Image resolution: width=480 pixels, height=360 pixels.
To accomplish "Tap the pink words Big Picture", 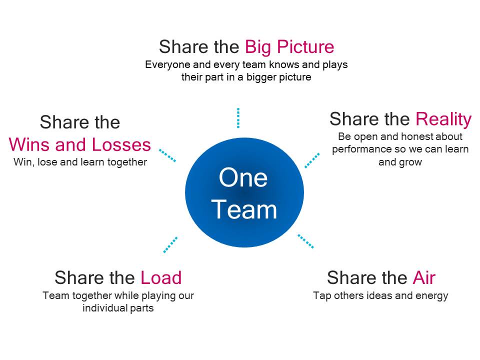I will (x=289, y=47).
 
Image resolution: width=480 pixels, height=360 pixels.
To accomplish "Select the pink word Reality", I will (x=443, y=119).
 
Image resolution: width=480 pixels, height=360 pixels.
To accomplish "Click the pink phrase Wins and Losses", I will (x=79, y=144).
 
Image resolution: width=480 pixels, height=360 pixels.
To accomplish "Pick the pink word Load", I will (x=160, y=277).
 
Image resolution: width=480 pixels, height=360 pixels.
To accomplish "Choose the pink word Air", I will (x=423, y=277).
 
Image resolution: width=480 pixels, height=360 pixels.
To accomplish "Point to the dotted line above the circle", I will (x=238, y=118).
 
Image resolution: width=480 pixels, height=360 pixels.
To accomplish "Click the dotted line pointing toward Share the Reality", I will (x=312, y=160).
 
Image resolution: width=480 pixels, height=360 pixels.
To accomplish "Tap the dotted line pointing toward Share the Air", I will (x=305, y=241).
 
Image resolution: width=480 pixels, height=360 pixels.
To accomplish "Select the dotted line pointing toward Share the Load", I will (x=170, y=244).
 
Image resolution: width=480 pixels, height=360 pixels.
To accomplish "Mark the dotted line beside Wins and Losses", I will (x=167, y=155).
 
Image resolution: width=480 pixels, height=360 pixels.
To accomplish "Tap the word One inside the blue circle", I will (x=243, y=178).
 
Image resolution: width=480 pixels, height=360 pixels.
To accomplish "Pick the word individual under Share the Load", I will (x=104, y=308).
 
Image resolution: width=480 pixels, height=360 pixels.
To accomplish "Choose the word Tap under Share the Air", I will (x=321, y=296).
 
